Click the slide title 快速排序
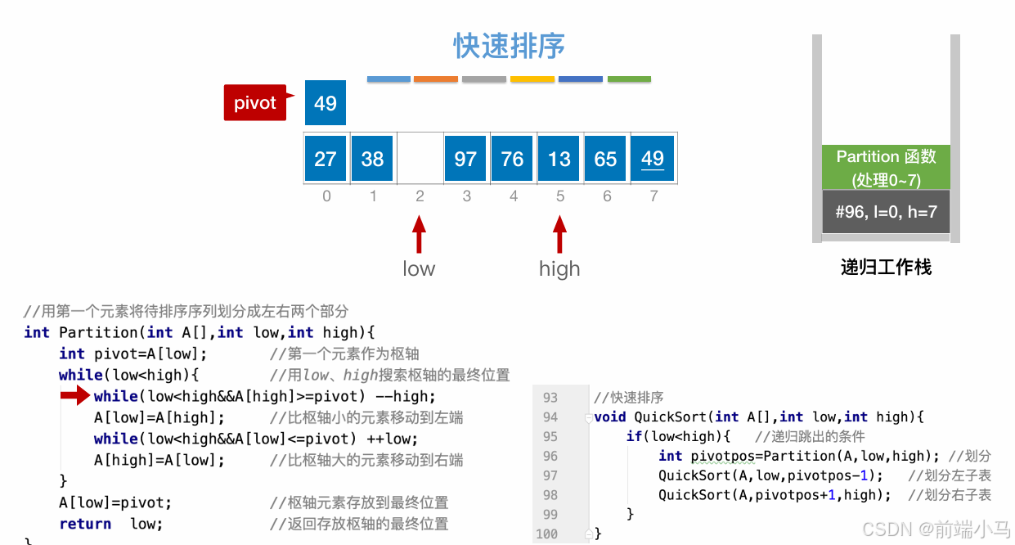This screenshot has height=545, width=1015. pyautogui.click(x=509, y=46)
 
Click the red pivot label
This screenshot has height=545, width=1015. pyautogui.click(x=255, y=103)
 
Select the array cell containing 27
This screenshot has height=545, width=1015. pyautogui.click(x=326, y=159)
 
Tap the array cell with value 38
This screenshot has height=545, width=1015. pyautogui.click(x=372, y=159)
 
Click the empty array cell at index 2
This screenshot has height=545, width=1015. pyautogui.click(x=420, y=159)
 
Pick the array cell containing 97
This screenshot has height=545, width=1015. pyautogui.click(x=465, y=159)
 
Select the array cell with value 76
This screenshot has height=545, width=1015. pyautogui.click(x=513, y=159)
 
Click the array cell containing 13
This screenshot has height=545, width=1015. pyautogui.click(x=559, y=159)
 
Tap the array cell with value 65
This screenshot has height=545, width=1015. pyautogui.click(x=606, y=159)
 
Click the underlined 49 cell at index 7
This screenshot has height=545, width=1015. pyautogui.click(x=653, y=159)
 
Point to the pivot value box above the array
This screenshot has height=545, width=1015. pyautogui.click(x=326, y=103)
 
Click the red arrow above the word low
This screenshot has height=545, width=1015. pyautogui.click(x=419, y=234)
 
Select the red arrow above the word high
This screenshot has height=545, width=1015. pyautogui.click(x=559, y=234)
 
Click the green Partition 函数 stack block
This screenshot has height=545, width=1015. pyautogui.click(x=886, y=168)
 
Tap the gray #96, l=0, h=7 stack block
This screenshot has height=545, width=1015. pyautogui.click(x=886, y=213)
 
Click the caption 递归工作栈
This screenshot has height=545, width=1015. pyautogui.click(x=886, y=268)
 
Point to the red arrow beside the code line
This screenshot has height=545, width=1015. pyautogui.click(x=75, y=397)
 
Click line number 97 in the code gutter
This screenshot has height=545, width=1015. pyautogui.click(x=550, y=475)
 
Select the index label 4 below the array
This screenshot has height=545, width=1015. pyautogui.click(x=513, y=196)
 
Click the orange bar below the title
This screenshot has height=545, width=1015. pyautogui.click(x=436, y=79)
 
